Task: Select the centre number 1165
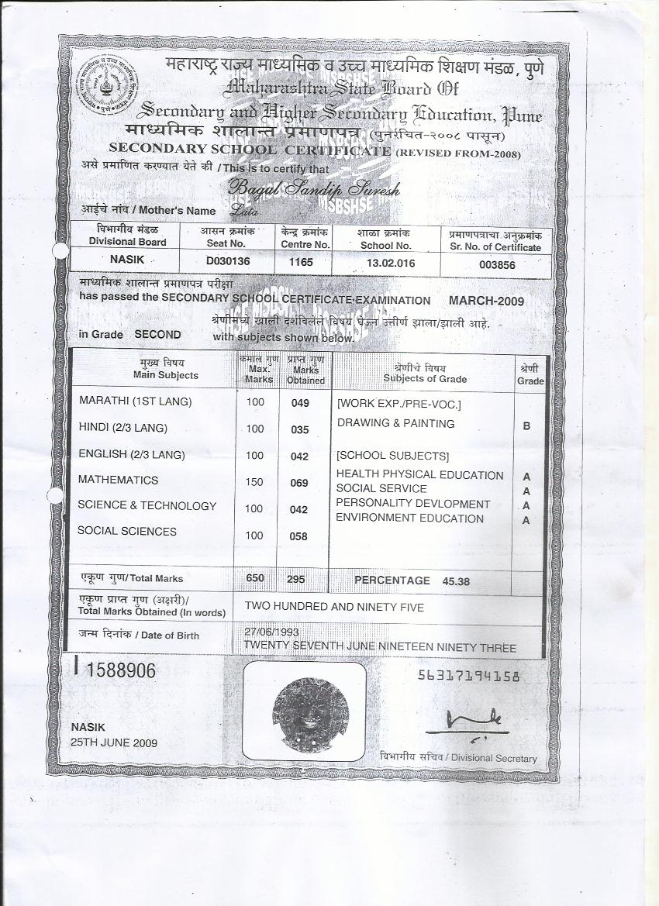300,263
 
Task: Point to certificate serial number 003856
497,264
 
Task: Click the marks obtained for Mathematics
299,483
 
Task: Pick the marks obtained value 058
299,536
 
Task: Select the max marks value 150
255,481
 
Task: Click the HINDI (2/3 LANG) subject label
122,428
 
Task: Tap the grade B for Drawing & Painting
526,426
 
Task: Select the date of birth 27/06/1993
266,632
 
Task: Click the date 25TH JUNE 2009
114,742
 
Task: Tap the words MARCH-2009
486,301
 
